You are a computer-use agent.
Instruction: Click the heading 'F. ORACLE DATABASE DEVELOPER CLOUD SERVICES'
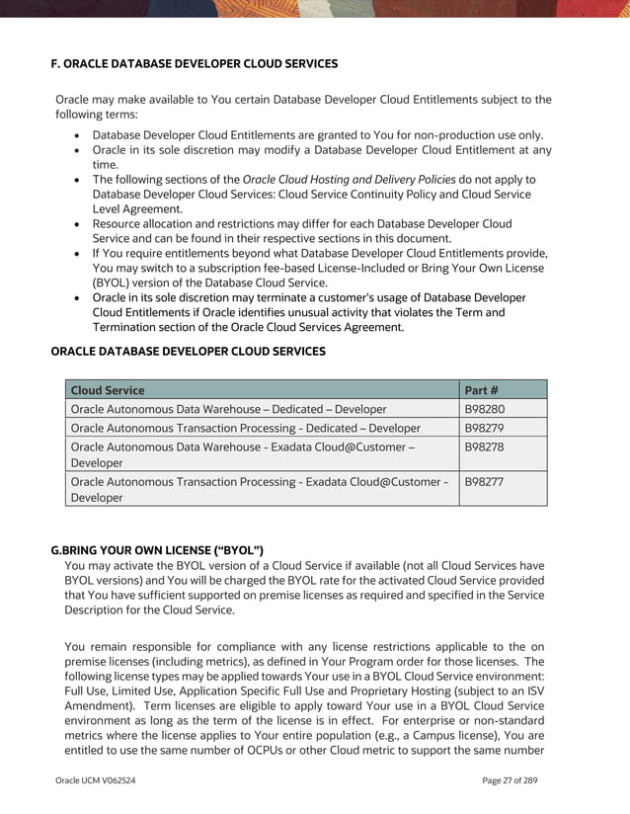click(x=194, y=63)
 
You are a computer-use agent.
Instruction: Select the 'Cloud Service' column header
click(x=108, y=390)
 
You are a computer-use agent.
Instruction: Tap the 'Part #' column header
click(x=481, y=390)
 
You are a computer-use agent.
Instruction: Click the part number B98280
click(x=485, y=409)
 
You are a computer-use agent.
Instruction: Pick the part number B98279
click(x=485, y=428)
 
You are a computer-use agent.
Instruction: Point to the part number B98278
click(x=485, y=448)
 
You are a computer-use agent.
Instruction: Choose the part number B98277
click(x=485, y=482)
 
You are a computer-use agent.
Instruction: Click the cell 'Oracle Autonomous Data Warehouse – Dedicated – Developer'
click(x=228, y=409)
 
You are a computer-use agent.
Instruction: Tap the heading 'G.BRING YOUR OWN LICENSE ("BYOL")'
click(x=156, y=549)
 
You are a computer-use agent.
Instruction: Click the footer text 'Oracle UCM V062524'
click(x=96, y=780)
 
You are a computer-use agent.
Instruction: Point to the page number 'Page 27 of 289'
click(x=511, y=780)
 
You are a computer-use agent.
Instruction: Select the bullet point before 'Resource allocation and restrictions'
click(x=78, y=224)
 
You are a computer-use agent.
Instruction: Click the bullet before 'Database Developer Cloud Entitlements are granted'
click(x=78, y=135)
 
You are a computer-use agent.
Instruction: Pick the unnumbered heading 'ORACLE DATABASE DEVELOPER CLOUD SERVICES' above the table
click(x=188, y=351)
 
